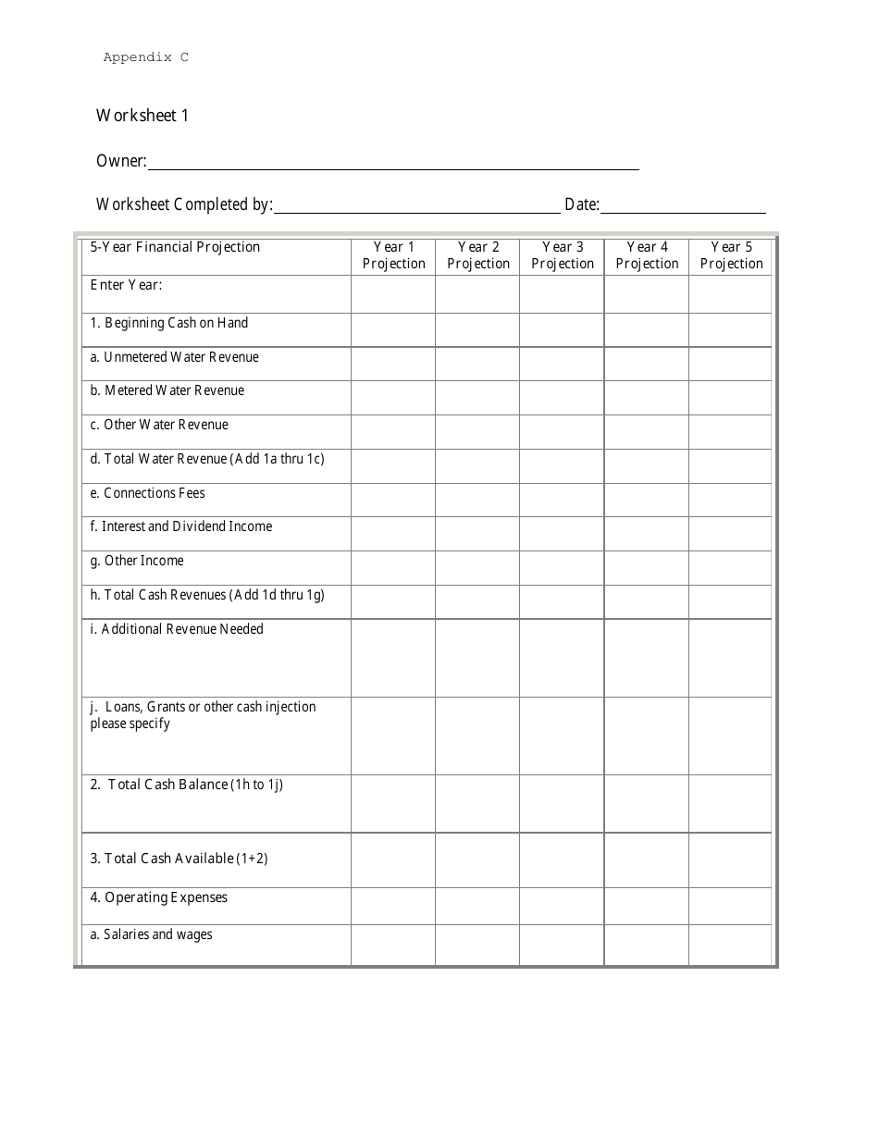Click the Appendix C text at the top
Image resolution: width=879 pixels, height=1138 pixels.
tap(145, 57)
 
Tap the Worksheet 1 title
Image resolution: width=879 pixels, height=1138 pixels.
tap(142, 116)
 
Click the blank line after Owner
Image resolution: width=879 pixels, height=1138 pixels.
tap(393, 163)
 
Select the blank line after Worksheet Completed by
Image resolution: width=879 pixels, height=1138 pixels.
tap(416, 206)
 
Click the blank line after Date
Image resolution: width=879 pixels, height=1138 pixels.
tap(683, 206)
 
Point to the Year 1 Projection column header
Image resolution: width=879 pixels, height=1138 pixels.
tap(393, 255)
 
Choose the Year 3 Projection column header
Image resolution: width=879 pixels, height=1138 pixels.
tap(562, 255)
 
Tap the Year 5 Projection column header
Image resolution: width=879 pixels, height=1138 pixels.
tap(731, 255)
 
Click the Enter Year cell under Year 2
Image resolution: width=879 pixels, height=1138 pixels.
tap(477, 294)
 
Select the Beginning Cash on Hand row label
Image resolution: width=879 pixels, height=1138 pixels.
tap(169, 323)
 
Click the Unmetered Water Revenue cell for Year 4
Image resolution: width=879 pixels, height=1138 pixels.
tap(646, 364)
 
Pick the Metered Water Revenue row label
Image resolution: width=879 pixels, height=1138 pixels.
tap(167, 390)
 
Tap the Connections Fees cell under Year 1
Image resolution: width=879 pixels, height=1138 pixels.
tap(393, 500)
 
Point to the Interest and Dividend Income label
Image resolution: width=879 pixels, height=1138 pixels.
tap(181, 526)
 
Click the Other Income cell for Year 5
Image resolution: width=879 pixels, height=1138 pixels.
tap(731, 567)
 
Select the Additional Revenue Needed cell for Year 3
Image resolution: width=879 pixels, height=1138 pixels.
tap(562, 657)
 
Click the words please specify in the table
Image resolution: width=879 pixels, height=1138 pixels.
tap(130, 724)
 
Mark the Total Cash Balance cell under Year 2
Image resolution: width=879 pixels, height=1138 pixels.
tap(477, 803)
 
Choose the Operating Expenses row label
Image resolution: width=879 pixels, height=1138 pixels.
tap(159, 897)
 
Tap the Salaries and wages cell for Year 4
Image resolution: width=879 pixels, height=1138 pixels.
tap(646, 945)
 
